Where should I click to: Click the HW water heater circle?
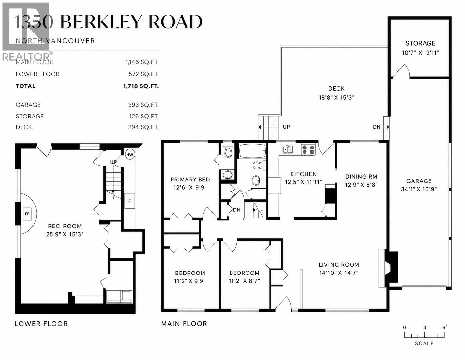[130, 155]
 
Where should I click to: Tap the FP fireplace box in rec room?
[27, 214]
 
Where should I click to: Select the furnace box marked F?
[130, 201]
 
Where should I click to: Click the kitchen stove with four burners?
[308, 149]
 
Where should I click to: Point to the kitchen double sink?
[288, 149]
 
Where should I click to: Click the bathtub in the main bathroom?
[252, 151]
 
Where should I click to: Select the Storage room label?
[420, 43]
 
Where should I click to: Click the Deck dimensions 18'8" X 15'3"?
[337, 98]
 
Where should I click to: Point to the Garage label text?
[419, 181]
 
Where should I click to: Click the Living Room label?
[339, 265]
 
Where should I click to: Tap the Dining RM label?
[361, 177]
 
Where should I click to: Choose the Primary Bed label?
[190, 180]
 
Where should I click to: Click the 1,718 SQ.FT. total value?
[141, 86]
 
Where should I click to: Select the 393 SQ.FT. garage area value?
[143, 105]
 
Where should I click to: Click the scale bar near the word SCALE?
[424, 335]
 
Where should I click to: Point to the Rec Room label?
[65, 226]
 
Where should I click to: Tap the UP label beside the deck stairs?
[286, 127]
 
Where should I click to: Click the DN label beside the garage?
[377, 127]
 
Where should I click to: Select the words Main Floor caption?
[184, 324]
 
